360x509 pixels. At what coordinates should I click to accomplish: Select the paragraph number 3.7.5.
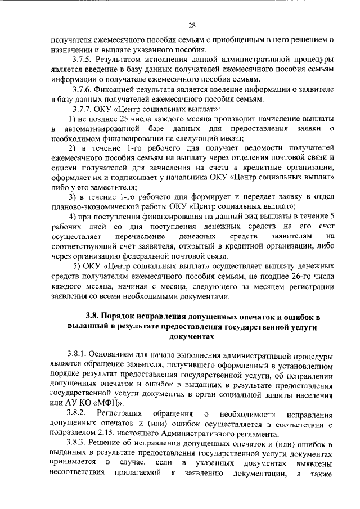click(82, 59)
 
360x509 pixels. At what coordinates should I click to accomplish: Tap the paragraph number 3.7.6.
click(82, 89)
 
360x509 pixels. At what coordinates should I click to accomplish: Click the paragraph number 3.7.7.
click(82, 110)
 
